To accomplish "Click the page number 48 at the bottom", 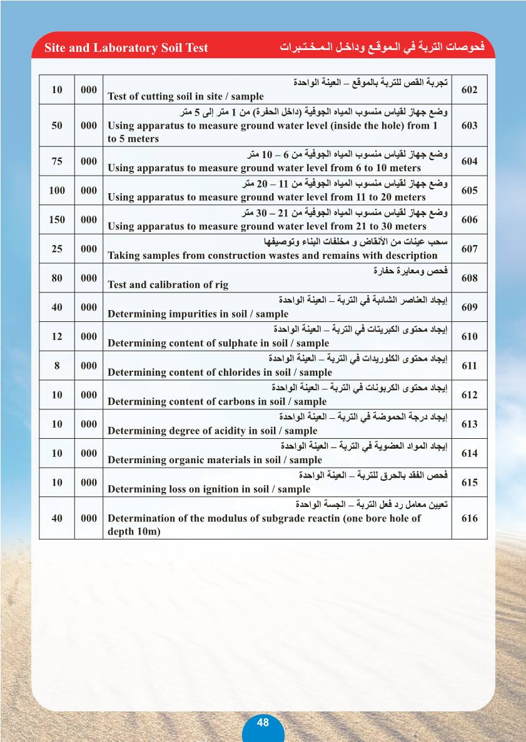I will click(263, 723).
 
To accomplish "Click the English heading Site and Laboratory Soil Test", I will click(126, 48).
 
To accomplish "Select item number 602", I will click(469, 90).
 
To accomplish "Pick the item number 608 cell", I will click(469, 278).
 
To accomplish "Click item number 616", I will click(469, 518).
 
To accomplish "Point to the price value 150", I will click(57, 220).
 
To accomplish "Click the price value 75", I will click(57, 161).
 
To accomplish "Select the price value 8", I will click(57, 366).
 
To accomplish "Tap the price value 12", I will click(57, 336).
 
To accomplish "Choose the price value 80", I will click(57, 278).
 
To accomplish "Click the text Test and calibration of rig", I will click(168, 285).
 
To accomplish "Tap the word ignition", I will click(242, 489).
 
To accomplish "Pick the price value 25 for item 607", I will click(57, 249).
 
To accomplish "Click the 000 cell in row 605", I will click(89, 191).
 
